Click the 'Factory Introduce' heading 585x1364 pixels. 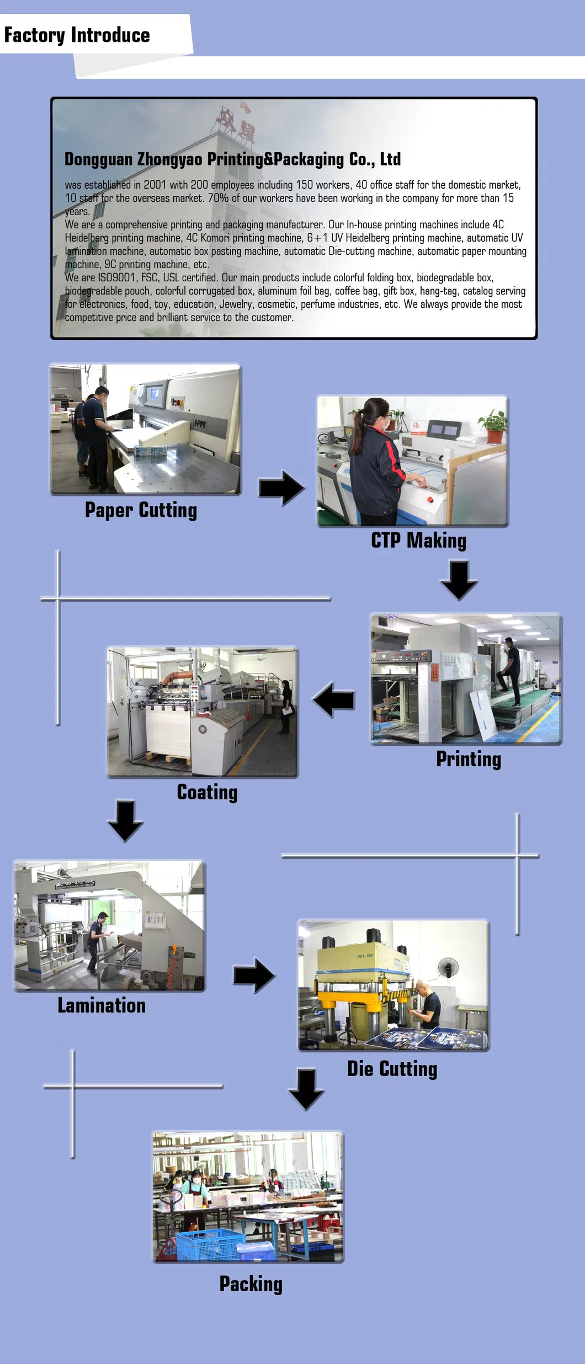(x=77, y=35)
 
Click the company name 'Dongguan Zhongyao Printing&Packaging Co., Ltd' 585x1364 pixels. (x=232, y=159)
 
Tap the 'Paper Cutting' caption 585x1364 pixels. (x=141, y=510)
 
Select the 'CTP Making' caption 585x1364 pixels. (x=418, y=541)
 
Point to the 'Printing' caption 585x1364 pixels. (x=469, y=759)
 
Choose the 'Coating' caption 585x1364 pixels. (x=207, y=793)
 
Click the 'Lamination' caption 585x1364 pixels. (x=102, y=1005)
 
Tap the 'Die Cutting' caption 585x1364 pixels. (x=392, y=1069)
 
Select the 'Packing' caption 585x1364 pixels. (x=251, y=1284)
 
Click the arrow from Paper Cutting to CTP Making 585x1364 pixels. (x=282, y=488)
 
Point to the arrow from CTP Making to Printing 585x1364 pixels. (x=459, y=580)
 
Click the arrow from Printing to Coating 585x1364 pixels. (x=334, y=700)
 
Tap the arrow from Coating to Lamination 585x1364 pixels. (x=125, y=820)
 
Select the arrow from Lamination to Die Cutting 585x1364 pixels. (x=254, y=975)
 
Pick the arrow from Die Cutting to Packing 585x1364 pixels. (x=306, y=1089)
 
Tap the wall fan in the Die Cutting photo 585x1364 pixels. (x=449, y=966)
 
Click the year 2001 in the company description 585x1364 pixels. (x=155, y=185)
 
